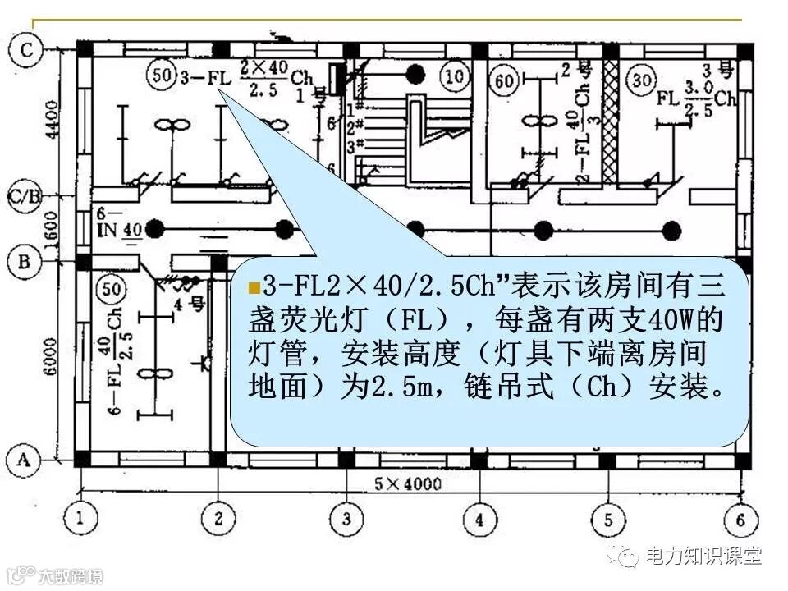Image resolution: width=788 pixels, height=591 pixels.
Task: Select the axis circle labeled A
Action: coord(25,460)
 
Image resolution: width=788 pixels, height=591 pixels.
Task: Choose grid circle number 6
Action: coord(740,518)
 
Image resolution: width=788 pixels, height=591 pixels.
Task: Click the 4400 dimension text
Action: coord(51,120)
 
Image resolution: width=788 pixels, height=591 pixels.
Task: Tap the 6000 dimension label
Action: coord(51,358)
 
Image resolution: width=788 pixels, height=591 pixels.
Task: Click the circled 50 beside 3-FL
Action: coord(163,76)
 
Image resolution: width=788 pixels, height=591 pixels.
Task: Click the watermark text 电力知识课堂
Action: coord(703,556)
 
